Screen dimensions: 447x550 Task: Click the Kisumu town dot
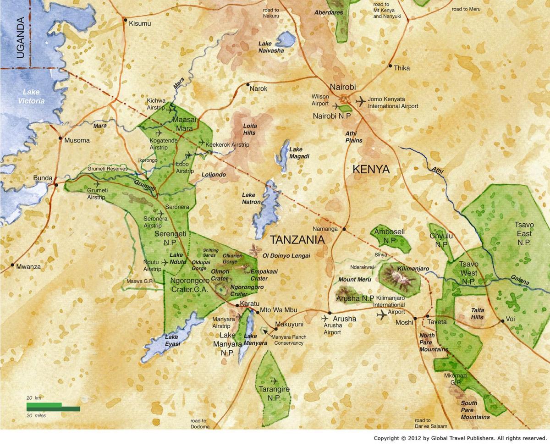point(125,20)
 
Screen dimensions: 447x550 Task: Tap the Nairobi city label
point(342,87)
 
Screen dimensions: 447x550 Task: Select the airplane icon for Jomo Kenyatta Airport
point(360,101)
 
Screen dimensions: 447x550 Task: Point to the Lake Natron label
point(251,198)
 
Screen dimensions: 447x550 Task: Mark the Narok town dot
point(247,85)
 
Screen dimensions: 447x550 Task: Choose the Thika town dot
point(390,66)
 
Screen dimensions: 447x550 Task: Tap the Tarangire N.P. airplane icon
point(275,381)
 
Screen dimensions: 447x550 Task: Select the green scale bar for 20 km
point(44,405)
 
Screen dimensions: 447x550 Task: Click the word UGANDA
point(20,38)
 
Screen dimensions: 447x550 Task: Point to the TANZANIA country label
point(297,239)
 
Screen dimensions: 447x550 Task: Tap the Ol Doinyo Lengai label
point(286,255)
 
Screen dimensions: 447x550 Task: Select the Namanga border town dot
point(344,228)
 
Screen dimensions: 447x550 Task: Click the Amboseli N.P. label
point(389,236)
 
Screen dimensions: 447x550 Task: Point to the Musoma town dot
point(60,138)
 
